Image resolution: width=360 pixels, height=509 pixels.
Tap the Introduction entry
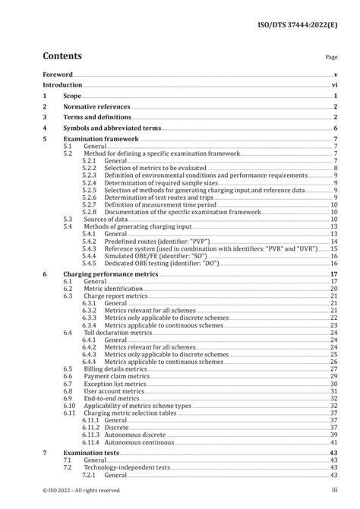[x=64, y=87]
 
